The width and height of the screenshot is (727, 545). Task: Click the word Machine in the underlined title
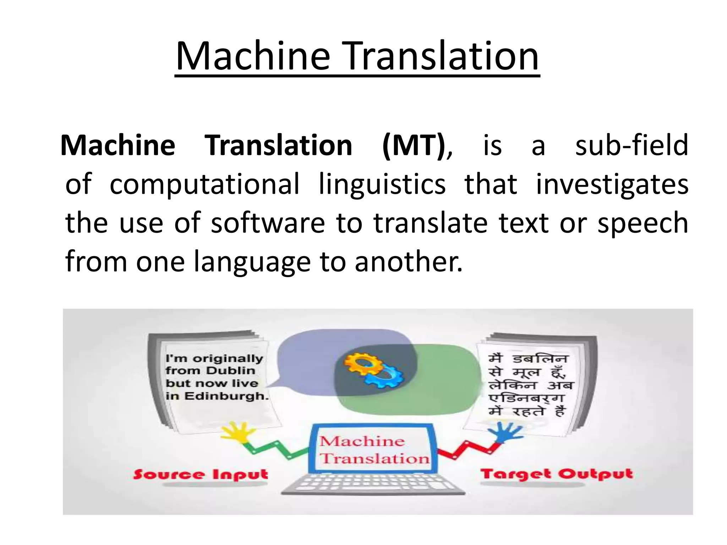click(253, 57)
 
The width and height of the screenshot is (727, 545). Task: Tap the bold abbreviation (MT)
click(413, 146)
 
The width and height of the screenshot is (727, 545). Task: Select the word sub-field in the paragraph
click(632, 146)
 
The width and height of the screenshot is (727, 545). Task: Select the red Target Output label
click(556, 474)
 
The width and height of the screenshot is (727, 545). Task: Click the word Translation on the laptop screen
click(375, 458)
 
